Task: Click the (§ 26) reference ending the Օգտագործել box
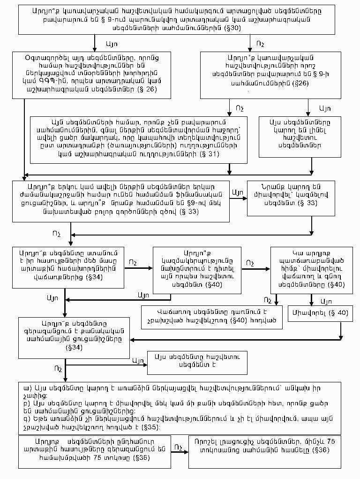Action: click(145, 89)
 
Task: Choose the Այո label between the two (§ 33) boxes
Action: click(237, 192)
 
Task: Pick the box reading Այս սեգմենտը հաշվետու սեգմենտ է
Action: click(197, 363)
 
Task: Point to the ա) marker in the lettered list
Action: click(27, 389)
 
